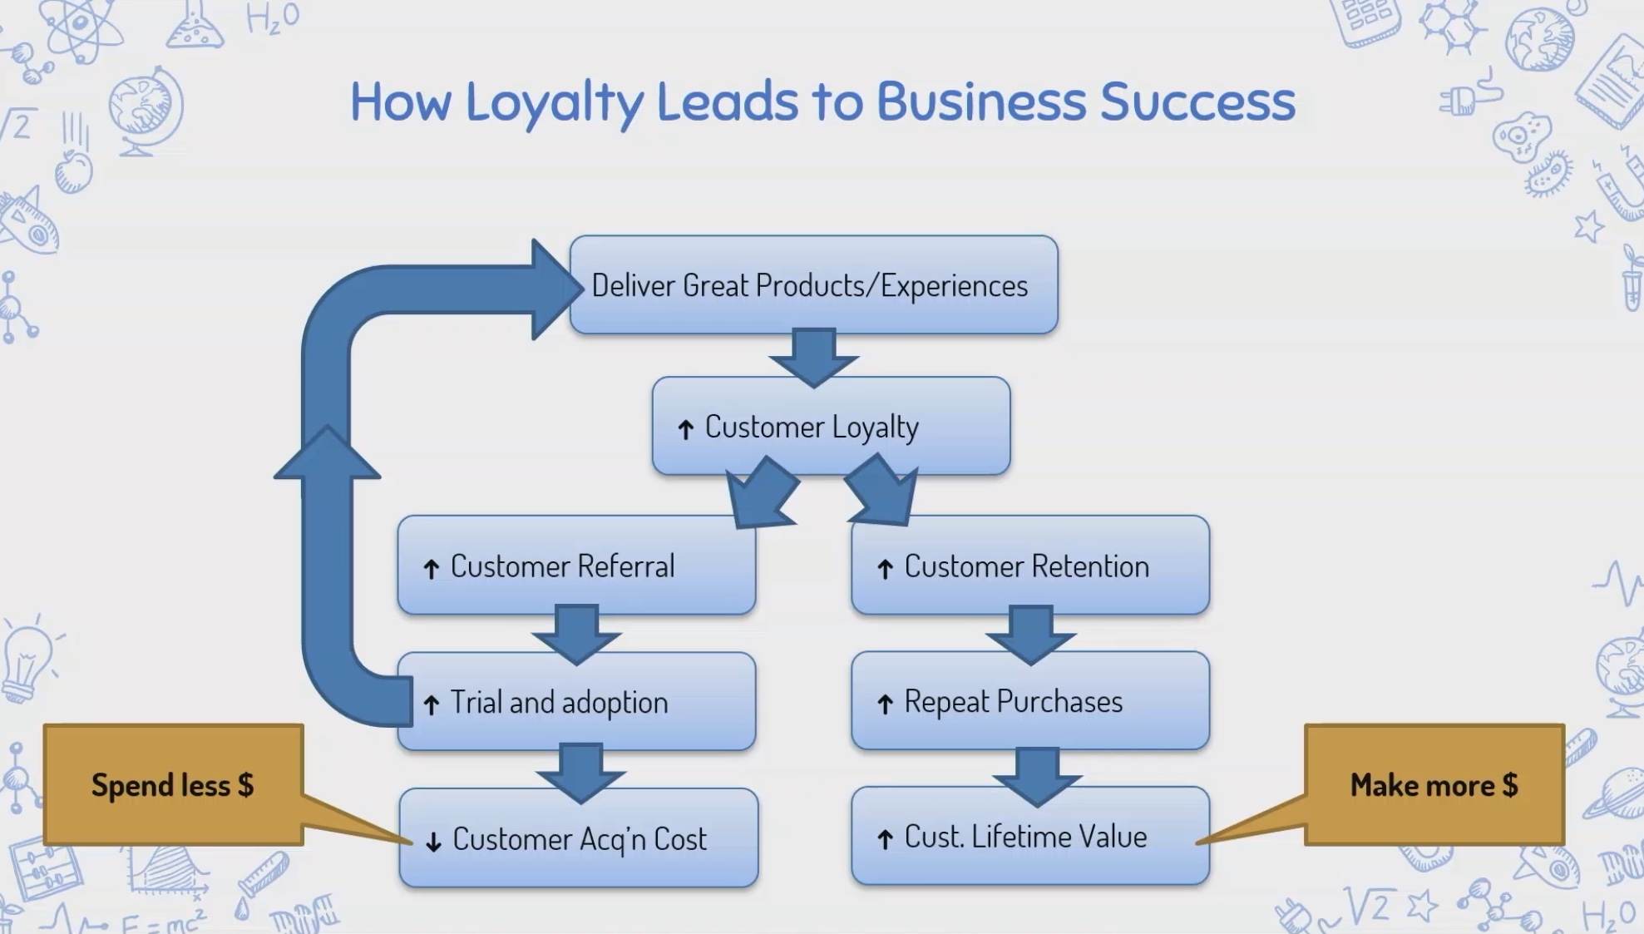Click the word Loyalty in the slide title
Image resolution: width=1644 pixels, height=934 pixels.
[x=554, y=101]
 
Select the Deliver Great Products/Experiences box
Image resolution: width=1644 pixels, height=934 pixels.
[x=813, y=285]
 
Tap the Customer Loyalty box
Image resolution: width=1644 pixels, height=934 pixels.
[x=831, y=427]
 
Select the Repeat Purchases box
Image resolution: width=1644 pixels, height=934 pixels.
[x=1029, y=702]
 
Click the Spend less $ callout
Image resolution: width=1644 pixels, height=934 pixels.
[x=173, y=785]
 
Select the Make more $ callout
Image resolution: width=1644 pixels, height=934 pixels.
[x=1434, y=785]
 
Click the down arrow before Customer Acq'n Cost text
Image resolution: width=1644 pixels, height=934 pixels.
[x=433, y=842]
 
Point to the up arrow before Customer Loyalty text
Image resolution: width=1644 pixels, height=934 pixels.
[x=685, y=429]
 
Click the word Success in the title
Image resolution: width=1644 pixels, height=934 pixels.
[x=1197, y=101]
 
